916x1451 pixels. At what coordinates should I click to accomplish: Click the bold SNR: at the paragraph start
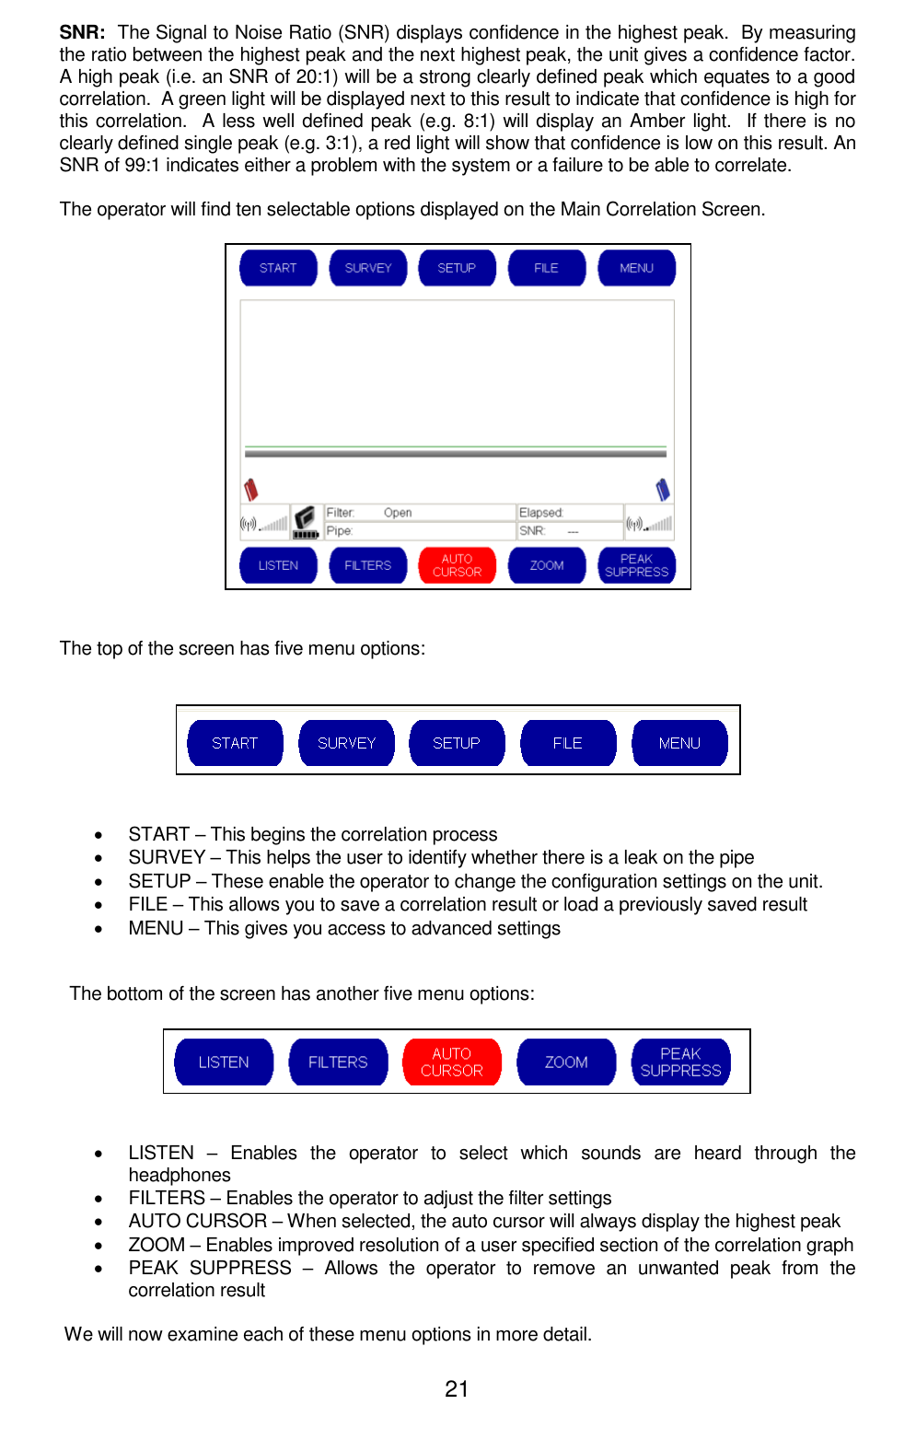pyautogui.click(x=82, y=33)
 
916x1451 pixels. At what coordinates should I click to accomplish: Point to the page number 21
pyautogui.click(x=457, y=1389)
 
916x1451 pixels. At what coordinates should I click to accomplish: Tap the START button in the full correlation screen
pyautogui.click(x=278, y=268)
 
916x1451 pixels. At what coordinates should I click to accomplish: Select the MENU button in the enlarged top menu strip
pyautogui.click(x=679, y=743)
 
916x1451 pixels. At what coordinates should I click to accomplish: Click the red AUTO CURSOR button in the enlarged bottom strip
pyautogui.click(x=451, y=1062)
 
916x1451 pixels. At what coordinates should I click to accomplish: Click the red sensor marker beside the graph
pyautogui.click(x=250, y=489)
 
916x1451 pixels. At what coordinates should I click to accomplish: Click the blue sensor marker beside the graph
pyautogui.click(x=663, y=489)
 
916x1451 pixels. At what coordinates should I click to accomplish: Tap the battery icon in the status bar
pyautogui.click(x=305, y=522)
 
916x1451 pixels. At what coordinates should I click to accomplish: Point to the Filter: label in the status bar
pyautogui.click(x=340, y=513)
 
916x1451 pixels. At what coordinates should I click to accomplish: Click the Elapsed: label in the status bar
pyautogui.click(x=540, y=513)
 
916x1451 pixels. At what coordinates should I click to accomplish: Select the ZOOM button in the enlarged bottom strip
pyautogui.click(x=566, y=1062)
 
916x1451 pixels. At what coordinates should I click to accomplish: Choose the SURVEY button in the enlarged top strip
pyautogui.click(x=346, y=743)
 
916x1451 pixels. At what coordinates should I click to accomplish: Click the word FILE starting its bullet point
pyautogui.click(x=147, y=905)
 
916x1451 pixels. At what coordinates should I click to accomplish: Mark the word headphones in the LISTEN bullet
pyautogui.click(x=180, y=1176)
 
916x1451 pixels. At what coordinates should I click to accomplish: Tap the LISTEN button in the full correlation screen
pyautogui.click(x=278, y=565)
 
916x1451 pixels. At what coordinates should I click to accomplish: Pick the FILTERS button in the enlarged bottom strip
pyautogui.click(x=338, y=1062)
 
